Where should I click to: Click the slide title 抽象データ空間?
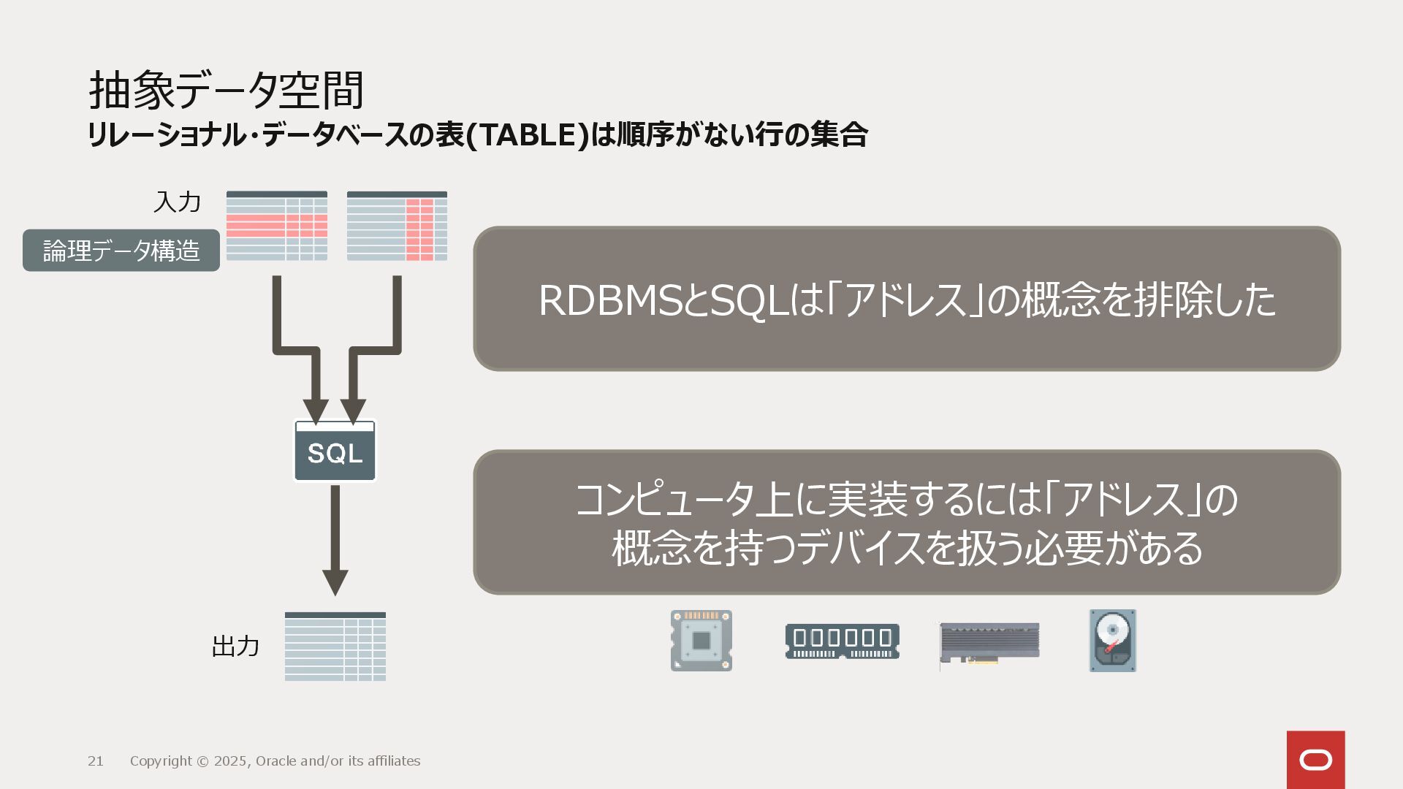(x=226, y=91)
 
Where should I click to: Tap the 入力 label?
(x=177, y=202)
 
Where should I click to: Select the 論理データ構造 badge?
(x=121, y=251)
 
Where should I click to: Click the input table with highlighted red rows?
(x=276, y=226)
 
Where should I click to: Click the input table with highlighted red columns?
(x=397, y=226)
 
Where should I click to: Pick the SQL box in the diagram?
(x=335, y=451)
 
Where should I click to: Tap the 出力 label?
(x=235, y=646)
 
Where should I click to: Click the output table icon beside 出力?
(x=335, y=647)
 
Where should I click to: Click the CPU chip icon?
(x=701, y=641)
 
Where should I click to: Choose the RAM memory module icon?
(x=842, y=641)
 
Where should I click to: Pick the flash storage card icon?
(x=989, y=643)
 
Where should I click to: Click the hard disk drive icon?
(x=1113, y=641)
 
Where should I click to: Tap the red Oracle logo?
(x=1315, y=760)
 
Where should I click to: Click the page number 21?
(x=96, y=761)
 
